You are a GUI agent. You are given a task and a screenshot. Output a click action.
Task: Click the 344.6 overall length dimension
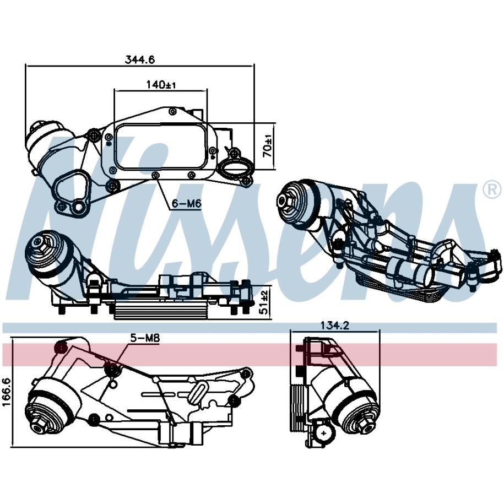pyautogui.click(x=140, y=59)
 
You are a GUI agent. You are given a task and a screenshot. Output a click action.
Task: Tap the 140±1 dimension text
pyautogui.click(x=161, y=85)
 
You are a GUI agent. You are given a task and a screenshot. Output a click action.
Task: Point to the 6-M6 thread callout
pyautogui.click(x=186, y=203)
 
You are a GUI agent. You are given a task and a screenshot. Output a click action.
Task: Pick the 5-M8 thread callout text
pyautogui.click(x=145, y=338)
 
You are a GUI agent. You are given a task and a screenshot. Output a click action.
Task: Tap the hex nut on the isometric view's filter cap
pyautogui.click(x=285, y=202)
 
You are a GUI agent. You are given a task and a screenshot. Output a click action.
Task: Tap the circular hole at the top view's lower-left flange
pyautogui.click(x=77, y=207)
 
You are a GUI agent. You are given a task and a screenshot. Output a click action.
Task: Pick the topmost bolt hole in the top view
pyautogui.click(x=172, y=111)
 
